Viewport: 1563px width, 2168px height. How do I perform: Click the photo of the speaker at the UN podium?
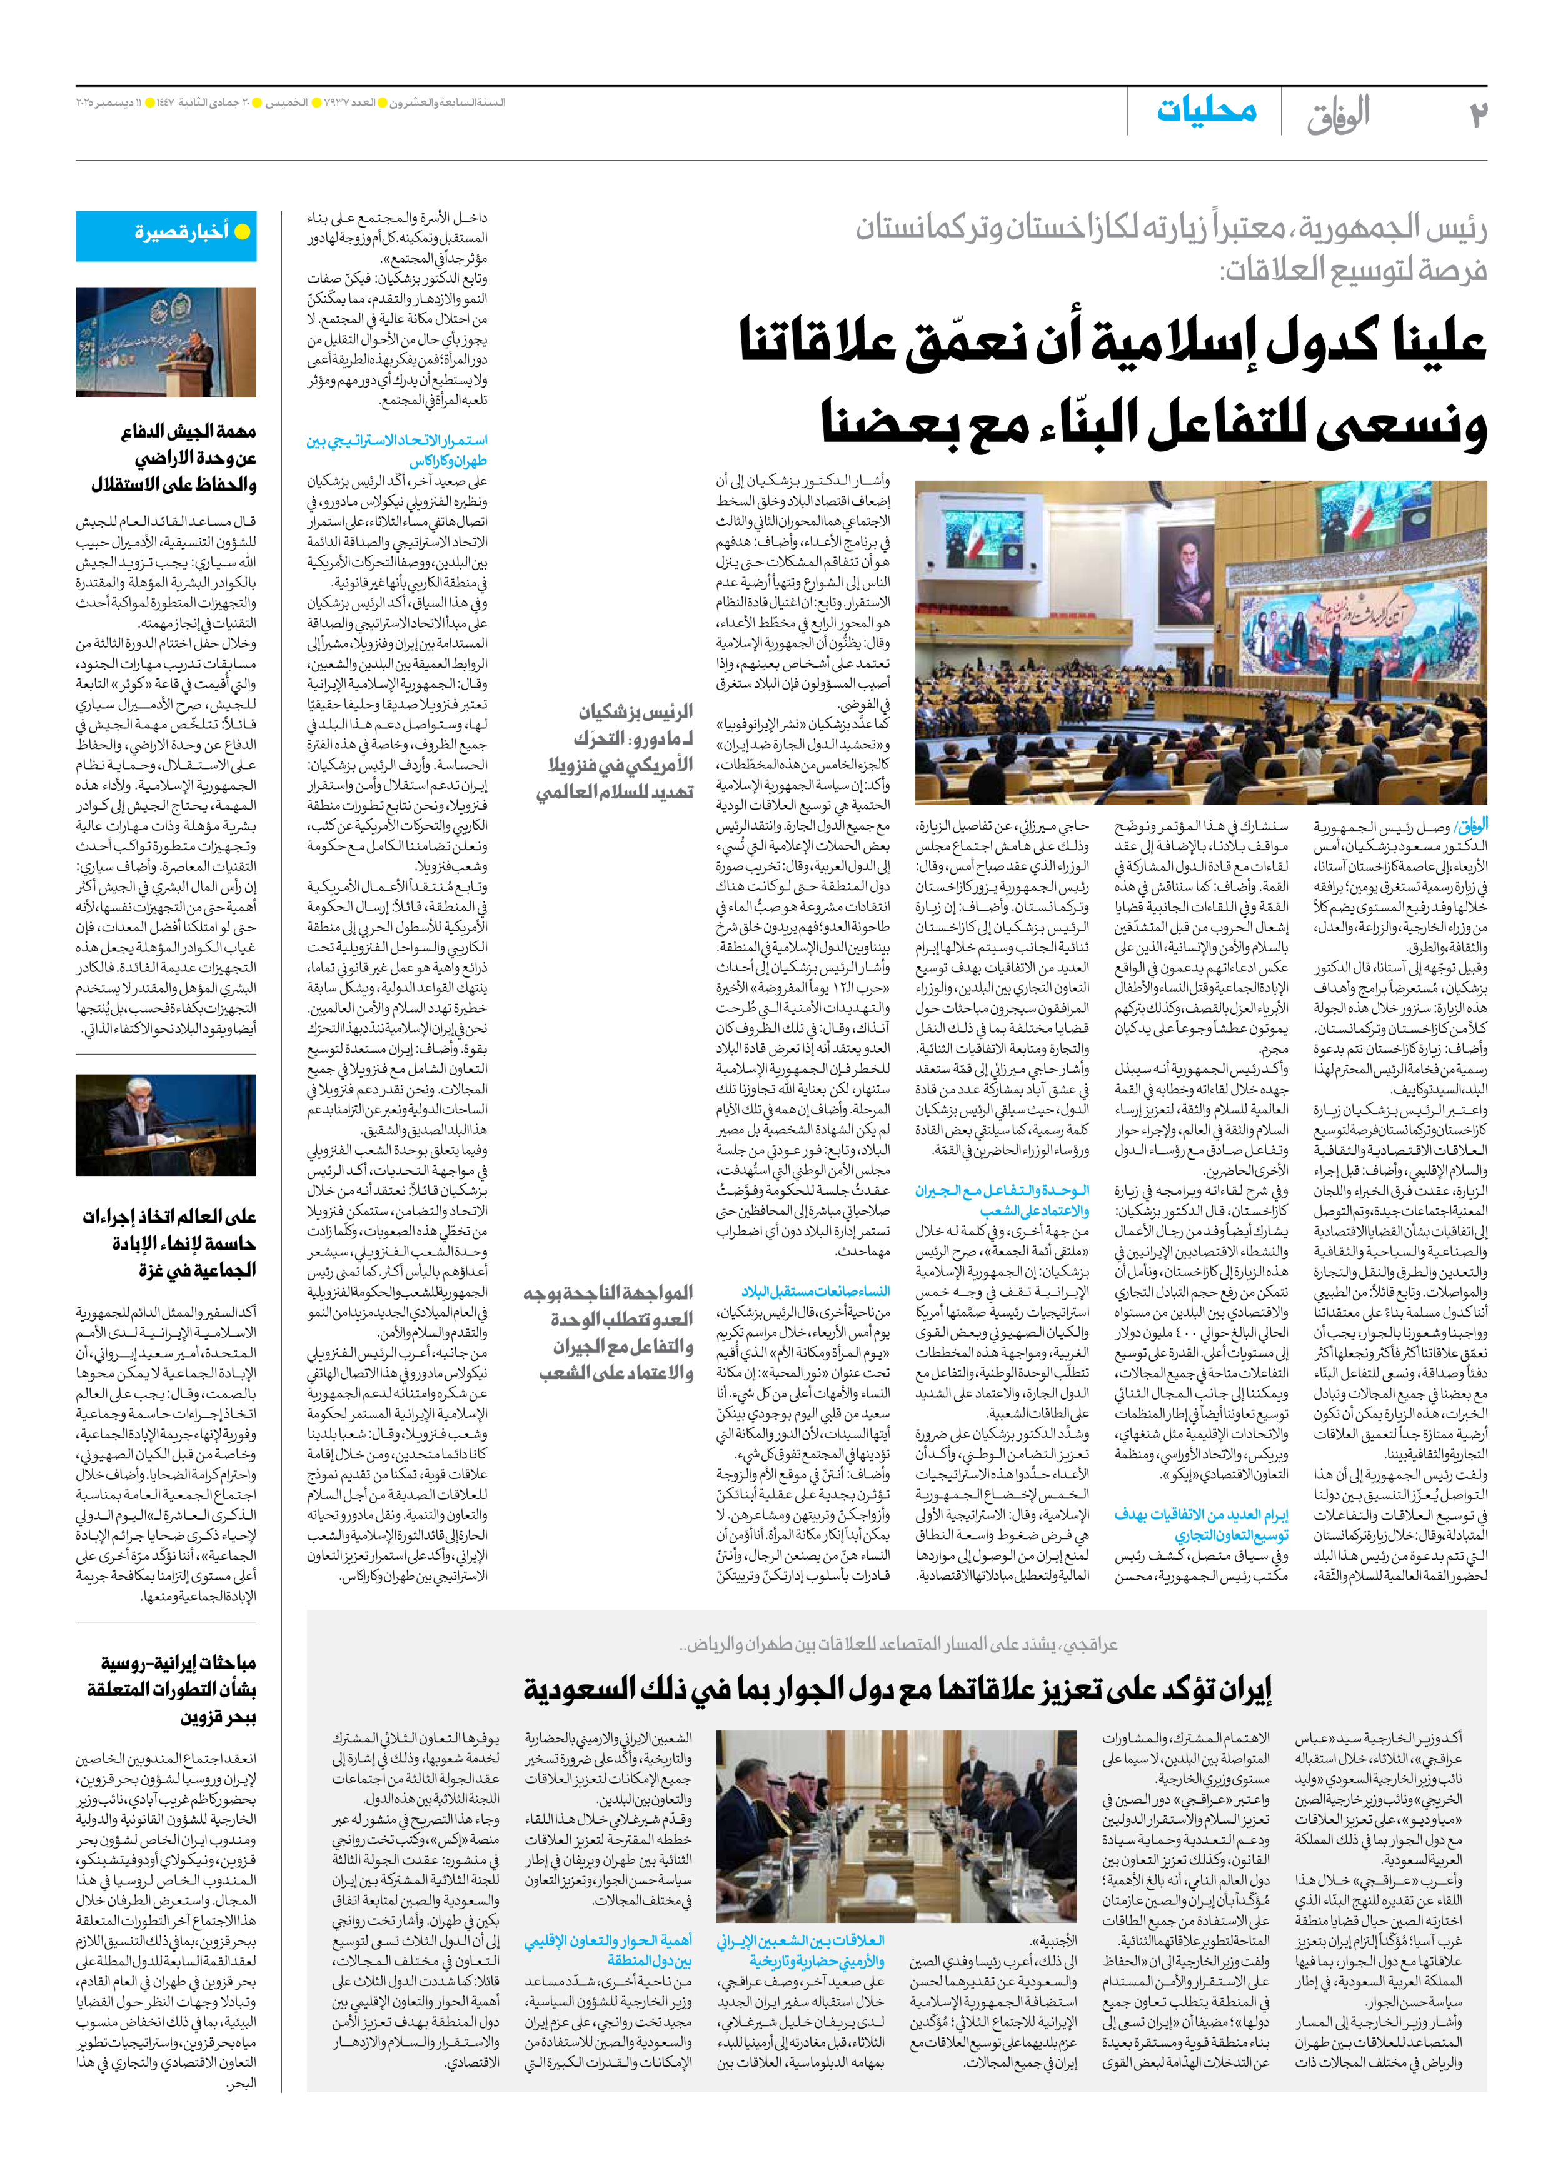click(166, 1124)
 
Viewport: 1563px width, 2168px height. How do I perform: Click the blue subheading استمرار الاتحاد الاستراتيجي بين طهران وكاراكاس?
click(397, 450)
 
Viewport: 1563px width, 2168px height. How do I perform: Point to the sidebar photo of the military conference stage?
click(166, 342)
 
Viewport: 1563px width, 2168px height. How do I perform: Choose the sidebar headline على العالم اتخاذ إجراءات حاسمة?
click(169, 1242)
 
